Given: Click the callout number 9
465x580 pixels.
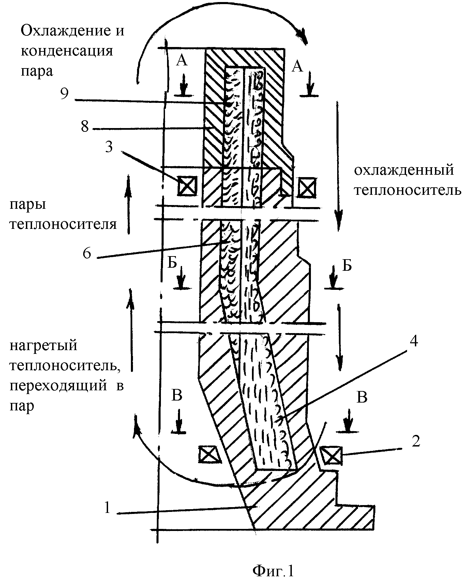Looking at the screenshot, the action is pos(64,93).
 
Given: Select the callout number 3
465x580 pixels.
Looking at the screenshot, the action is pos(109,148).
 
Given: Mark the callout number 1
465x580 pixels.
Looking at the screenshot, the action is pos(107,508).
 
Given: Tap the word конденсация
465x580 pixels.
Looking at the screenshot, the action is pos(67,51).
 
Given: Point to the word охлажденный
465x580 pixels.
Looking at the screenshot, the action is pos(404,170).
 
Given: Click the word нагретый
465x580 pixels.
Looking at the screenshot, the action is pos(44,346).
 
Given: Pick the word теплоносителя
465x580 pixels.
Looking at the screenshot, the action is pos(63,224).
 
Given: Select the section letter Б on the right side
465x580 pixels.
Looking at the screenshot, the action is pos(346,265).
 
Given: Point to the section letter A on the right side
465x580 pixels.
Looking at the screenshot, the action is pos(297,67).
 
